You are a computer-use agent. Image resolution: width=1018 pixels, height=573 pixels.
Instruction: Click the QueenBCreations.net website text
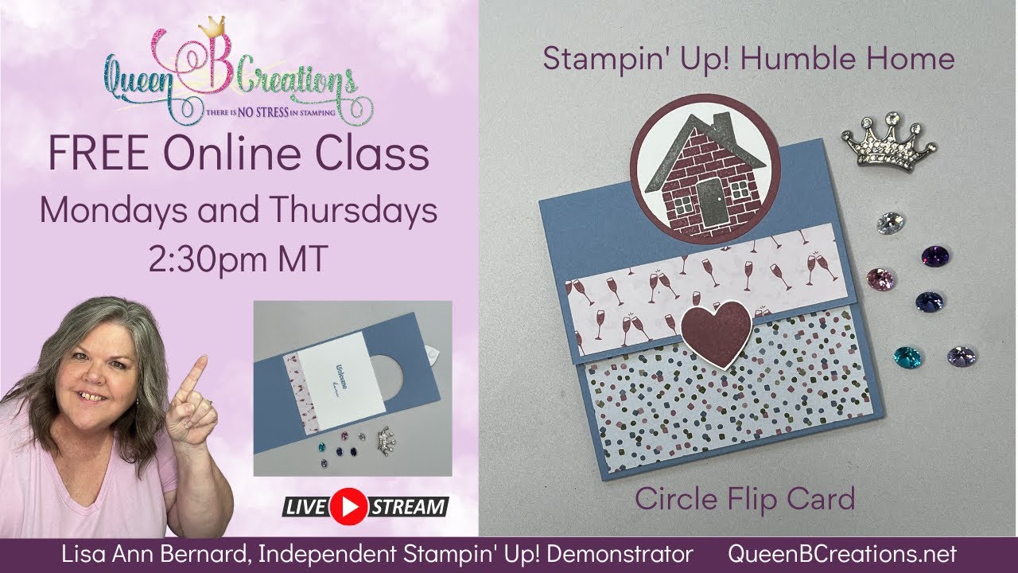(842, 555)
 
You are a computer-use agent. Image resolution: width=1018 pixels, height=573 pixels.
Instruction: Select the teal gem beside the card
(907, 357)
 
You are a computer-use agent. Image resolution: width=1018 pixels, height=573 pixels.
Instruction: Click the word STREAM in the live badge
(409, 506)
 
